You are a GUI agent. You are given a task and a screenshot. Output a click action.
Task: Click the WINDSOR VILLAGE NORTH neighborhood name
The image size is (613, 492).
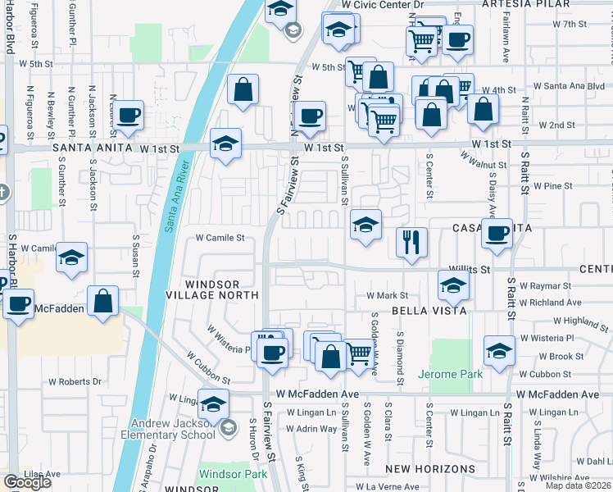point(211,289)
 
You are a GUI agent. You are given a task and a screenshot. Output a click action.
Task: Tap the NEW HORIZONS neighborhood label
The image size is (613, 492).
point(430,469)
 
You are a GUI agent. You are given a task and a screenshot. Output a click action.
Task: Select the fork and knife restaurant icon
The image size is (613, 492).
point(411,241)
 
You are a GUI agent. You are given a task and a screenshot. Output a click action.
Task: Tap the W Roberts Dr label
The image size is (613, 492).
point(75,381)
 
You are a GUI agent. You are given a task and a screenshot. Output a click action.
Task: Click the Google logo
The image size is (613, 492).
point(27,482)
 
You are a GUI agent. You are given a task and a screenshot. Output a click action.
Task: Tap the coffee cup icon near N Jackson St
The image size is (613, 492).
point(129,116)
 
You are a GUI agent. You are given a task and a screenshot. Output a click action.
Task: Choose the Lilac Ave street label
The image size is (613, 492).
point(43,474)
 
